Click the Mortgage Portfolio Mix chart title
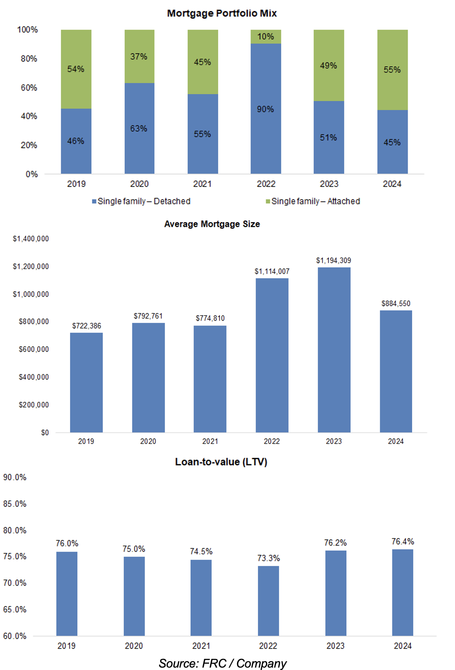pyautogui.click(x=222, y=13)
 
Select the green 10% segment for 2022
pyautogui.click(x=266, y=36)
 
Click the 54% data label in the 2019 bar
pyautogui.click(x=76, y=69)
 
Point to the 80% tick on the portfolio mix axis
pyautogui.click(x=29, y=58)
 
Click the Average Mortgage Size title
pyautogui.click(x=212, y=224)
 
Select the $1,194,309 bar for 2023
pyautogui.click(x=334, y=350)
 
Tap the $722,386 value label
pyautogui.click(x=87, y=326)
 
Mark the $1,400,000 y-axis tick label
pyautogui.click(x=31, y=239)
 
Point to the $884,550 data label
pyautogui.click(x=396, y=303)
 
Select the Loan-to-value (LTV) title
pyautogui.click(x=221, y=462)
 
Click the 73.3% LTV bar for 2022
pyautogui.click(x=268, y=600)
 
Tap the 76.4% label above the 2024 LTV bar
pyautogui.click(x=403, y=542)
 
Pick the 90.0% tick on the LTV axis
pyautogui.click(x=15, y=477)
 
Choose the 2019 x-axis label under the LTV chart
pyautogui.click(x=66, y=646)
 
